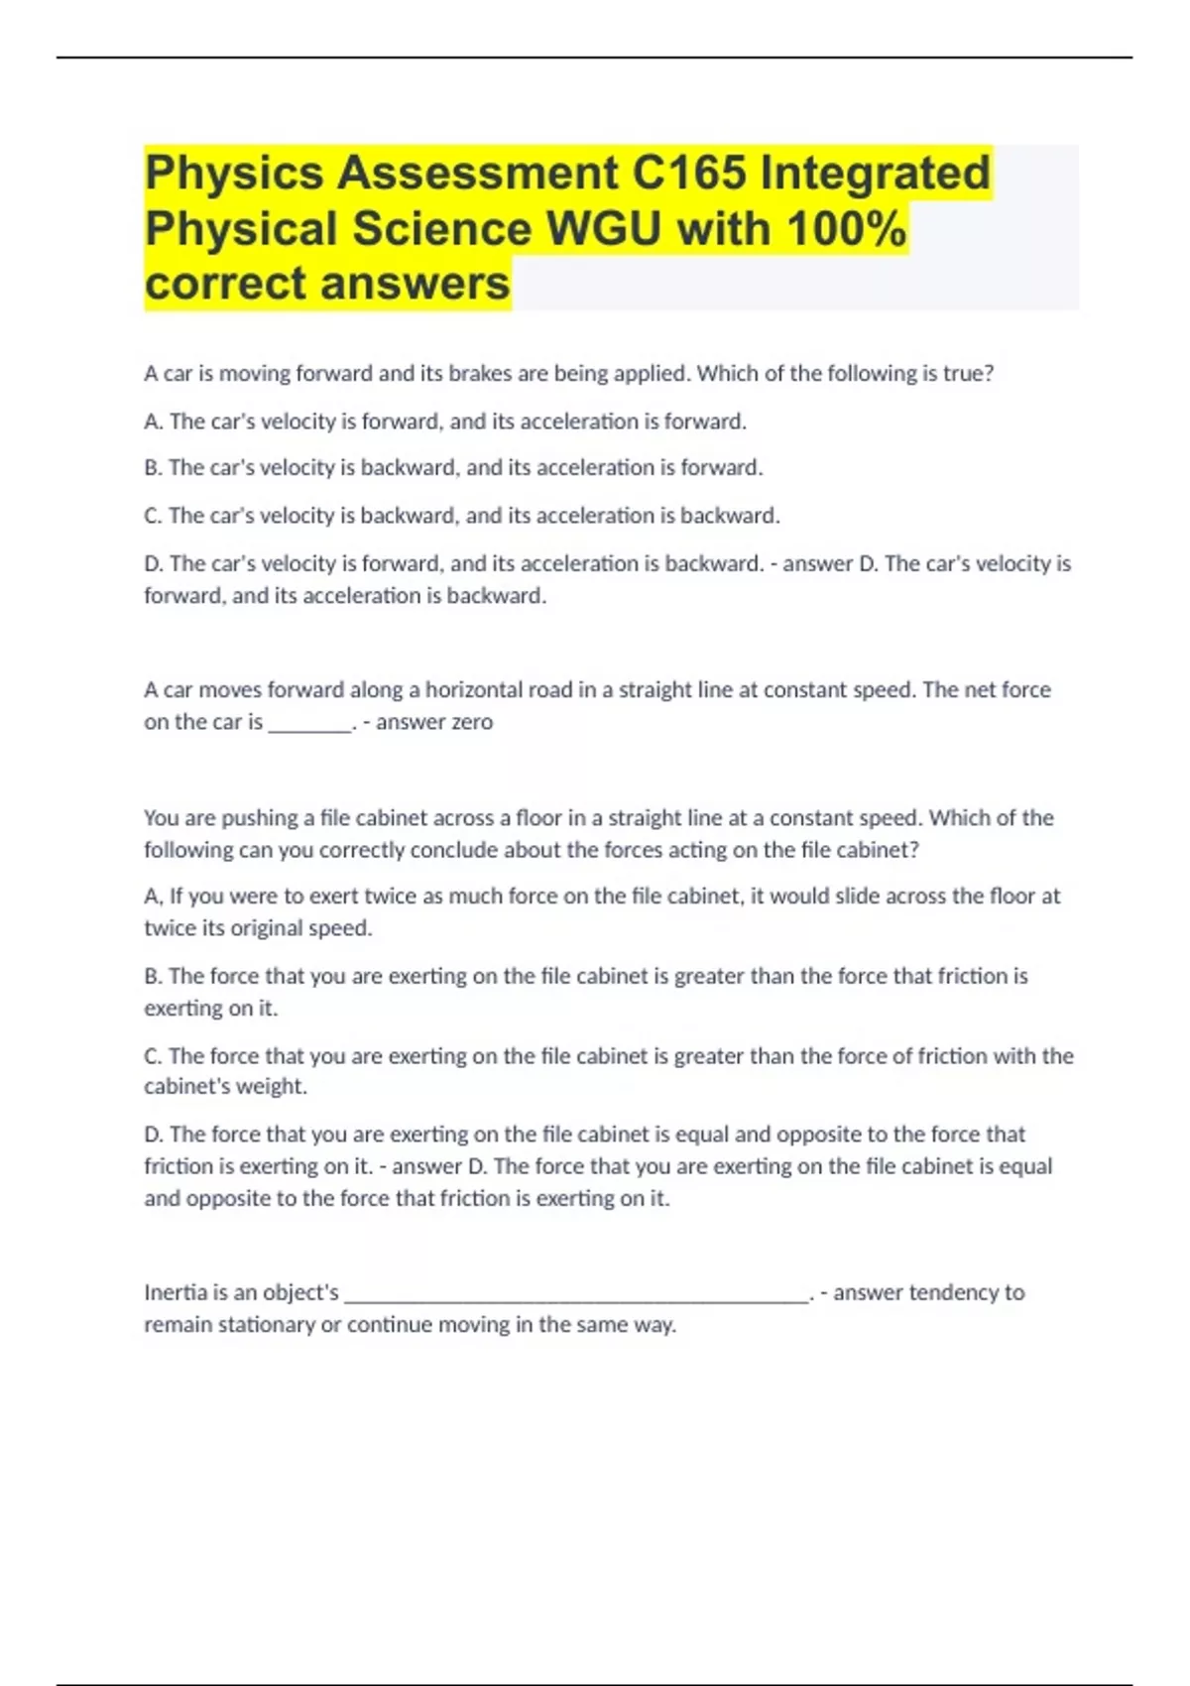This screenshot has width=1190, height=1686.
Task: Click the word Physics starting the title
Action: click(234, 173)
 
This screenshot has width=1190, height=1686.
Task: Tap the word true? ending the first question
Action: click(968, 374)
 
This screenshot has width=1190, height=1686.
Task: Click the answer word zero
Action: click(470, 722)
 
